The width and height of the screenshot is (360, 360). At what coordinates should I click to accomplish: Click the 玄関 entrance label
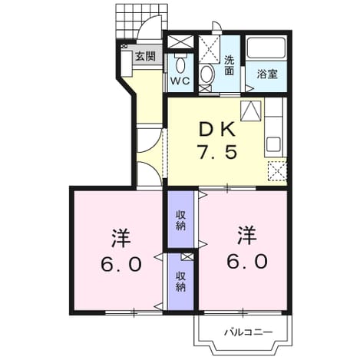(x=145, y=56)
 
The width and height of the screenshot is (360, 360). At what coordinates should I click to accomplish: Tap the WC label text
(x=180, y=81)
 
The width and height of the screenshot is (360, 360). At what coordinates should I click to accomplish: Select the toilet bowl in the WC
(x=181, y=64)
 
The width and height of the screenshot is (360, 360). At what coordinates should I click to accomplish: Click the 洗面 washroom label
(x=230, y=66)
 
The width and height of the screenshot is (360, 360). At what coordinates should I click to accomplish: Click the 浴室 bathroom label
(x=267, y=74)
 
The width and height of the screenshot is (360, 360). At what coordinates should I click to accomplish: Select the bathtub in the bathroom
(x=266, y=48)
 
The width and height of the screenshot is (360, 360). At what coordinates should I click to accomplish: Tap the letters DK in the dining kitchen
(x=217, y=130)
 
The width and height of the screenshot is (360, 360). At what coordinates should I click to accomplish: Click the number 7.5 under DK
(x=217, y=152)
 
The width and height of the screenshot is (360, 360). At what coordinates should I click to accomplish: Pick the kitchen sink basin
(x=273, y=144)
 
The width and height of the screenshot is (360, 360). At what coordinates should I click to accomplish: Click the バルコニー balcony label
(x=249, y=332)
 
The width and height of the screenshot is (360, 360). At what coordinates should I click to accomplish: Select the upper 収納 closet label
(x=180, y=220)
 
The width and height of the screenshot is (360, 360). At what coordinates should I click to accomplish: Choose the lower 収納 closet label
(x=180, y=282)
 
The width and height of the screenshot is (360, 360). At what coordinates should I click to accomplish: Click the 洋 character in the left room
(x=121, y=238)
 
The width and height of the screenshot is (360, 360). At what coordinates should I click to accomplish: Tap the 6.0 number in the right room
(x=247, y=261)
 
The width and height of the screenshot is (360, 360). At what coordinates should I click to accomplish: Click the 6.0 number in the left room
(x=121, y=264)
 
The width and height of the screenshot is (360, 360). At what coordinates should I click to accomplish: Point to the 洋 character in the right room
(x=247, y=235)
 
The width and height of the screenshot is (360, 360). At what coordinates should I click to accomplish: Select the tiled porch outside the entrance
(x=141, y=22)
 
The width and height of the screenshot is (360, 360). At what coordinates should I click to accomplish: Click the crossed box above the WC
(x=181, y=41)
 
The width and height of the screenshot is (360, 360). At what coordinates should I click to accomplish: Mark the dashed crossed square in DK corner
(x=277, y=171)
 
